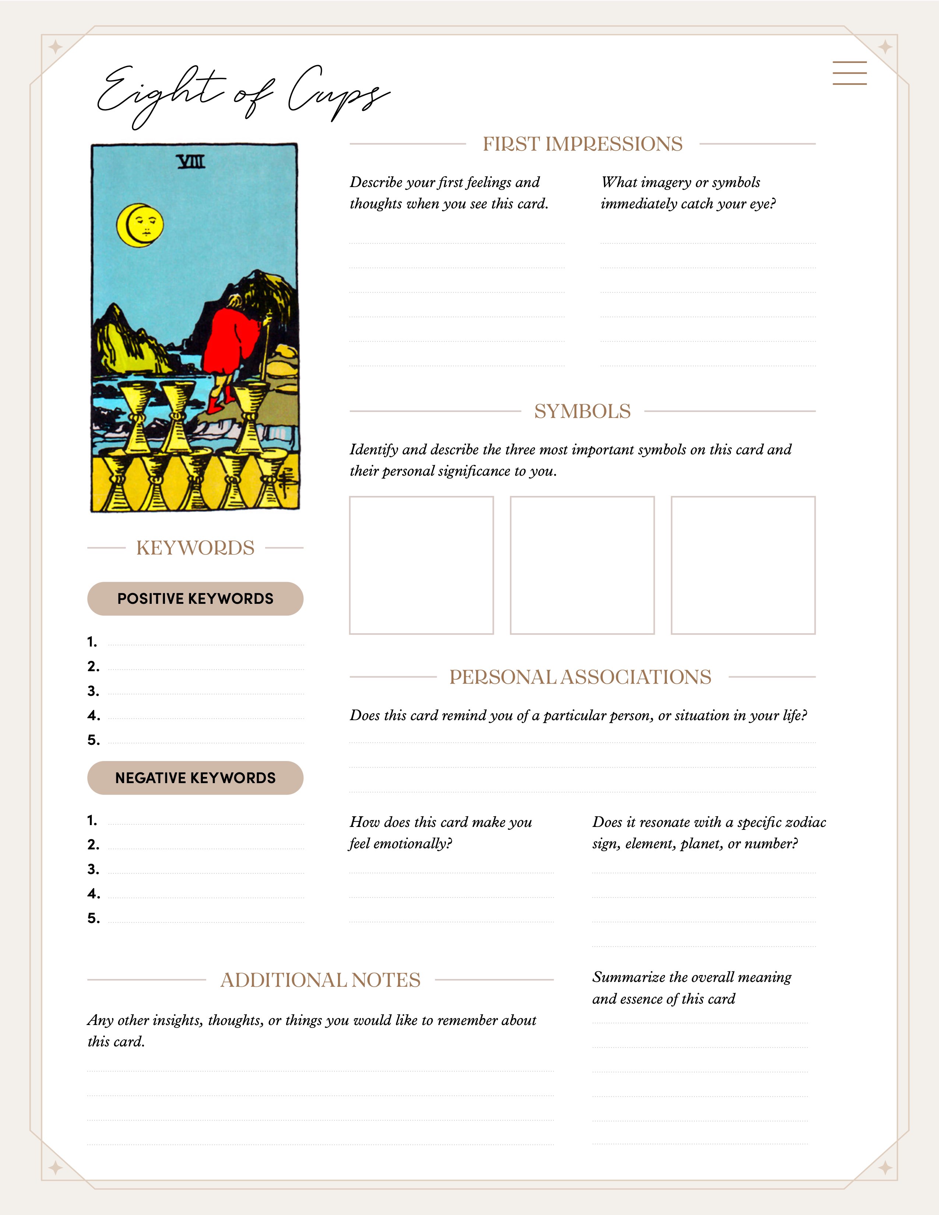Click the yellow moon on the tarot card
(140, 225)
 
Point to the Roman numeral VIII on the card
(191, 162)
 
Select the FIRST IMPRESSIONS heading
(582, 144)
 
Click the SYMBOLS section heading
(582, 412)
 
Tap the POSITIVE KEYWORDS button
(195, 599)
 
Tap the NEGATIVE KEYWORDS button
(195, 778)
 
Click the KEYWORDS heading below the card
(195, 548)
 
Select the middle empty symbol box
(582, 565)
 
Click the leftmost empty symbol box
(421, 565)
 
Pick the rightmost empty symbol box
(743, 565)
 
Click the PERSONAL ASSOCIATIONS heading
(580, 677)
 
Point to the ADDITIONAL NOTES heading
(320, 980)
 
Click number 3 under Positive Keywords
(93, 691)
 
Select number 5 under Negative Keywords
(93, 918)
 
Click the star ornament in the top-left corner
(55, 47)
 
